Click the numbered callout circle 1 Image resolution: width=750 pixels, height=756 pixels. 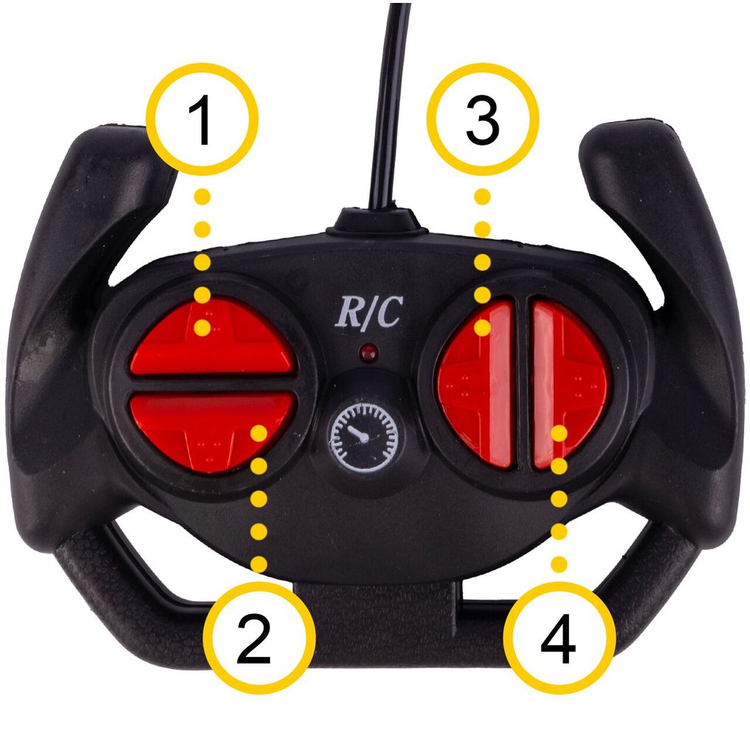click(x=203, y=119)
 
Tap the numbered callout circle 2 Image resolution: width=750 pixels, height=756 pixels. click(x=259, y=637)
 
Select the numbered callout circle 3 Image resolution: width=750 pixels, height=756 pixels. click(x=483, y=119)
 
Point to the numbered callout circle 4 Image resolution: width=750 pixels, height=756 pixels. click(x=559, y=637)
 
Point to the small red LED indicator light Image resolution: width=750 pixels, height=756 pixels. click(x=368, y=353)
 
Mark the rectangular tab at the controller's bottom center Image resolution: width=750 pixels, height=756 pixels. click(x=376, y=602)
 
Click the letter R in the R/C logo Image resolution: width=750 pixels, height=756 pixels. click(x=348, y=312)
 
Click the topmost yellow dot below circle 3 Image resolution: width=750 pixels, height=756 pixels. click(x=483, y=196)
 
